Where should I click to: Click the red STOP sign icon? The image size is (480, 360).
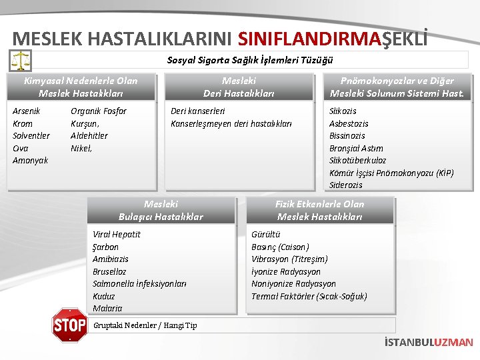point(69,325)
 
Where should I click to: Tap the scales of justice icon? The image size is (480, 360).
point(21,61)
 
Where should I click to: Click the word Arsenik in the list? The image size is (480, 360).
point(27,111)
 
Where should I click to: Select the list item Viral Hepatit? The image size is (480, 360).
point(117,234)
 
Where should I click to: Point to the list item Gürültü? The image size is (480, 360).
point(266,234)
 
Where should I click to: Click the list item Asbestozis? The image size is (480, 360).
point(349,123)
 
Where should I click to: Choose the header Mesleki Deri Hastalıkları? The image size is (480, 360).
point(239,87)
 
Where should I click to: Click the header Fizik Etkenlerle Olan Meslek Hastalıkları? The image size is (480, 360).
point(320,210)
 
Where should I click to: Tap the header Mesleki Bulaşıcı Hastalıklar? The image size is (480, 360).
point(161,210)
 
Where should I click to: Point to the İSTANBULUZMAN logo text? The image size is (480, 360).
point(429,342)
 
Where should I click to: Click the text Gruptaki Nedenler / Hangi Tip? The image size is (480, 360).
point(145,325)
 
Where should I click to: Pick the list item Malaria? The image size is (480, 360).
point(107,308)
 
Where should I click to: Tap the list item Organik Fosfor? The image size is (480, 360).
point(99,111)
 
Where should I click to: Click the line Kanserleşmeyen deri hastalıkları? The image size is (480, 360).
point(231,123)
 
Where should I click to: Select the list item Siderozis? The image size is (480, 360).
point(346,185)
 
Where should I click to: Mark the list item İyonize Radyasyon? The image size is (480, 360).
point(286,271)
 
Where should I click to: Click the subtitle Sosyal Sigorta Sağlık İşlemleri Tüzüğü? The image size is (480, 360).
point(249,60)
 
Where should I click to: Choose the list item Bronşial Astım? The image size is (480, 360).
point(356,148)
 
